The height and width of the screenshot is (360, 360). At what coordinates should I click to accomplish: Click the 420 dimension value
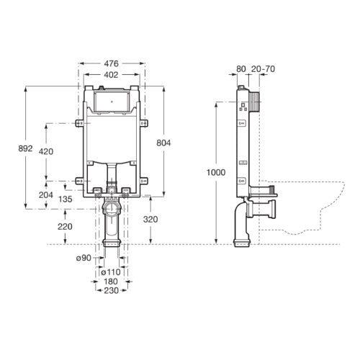coord(46,152)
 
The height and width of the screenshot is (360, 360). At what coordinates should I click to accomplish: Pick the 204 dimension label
coord(46,195)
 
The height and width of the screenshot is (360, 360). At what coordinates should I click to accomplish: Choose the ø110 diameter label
coord(110,271)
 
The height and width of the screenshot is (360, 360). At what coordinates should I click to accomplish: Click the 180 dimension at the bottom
coord(110,281)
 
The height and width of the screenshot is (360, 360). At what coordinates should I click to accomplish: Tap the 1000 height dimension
coord(215,173)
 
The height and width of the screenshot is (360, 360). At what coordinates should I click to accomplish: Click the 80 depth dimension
coord(240,71)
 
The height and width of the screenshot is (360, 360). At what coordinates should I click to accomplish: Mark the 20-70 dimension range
coord(261,71)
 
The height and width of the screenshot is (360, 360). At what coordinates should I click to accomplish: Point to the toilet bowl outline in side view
coord(310,209)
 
